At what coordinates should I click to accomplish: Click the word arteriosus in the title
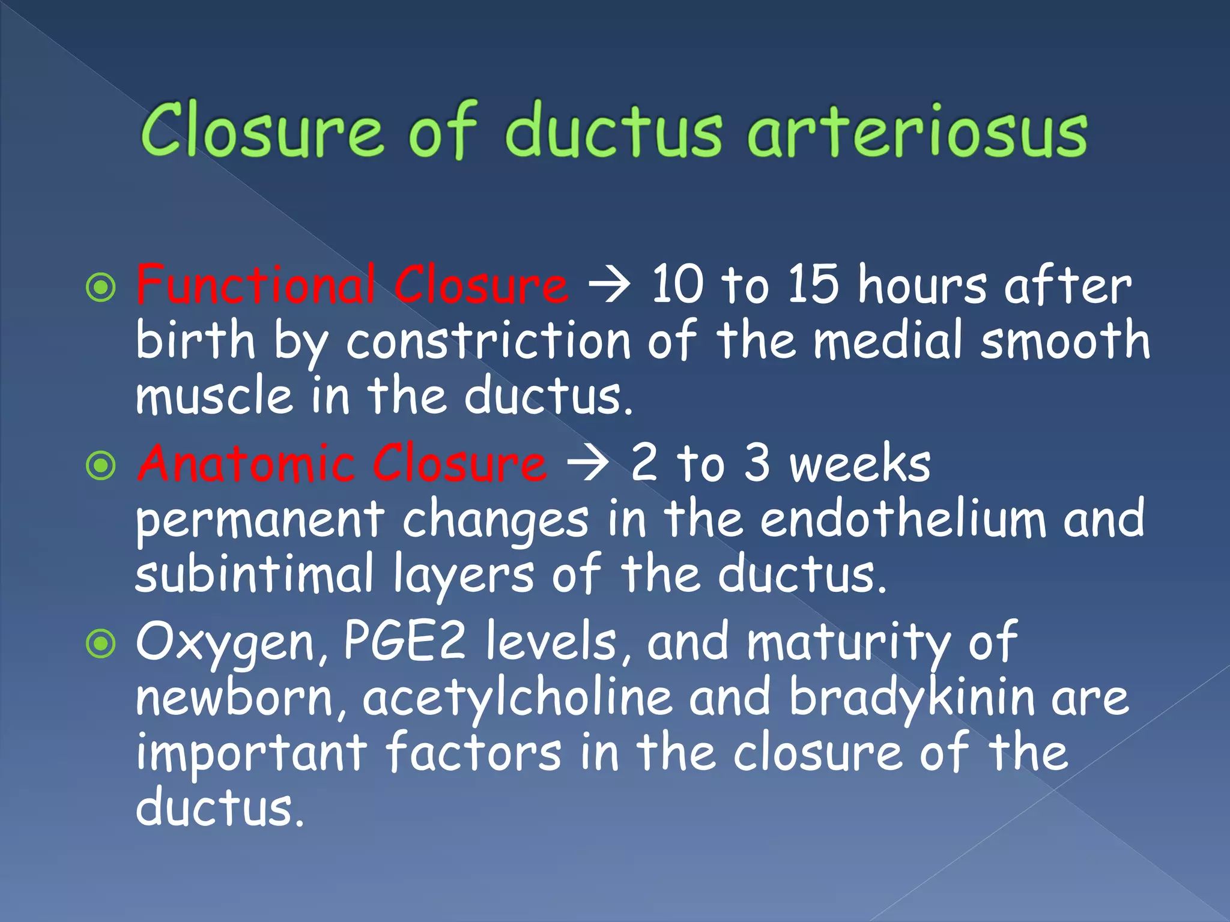[x=917, y=132]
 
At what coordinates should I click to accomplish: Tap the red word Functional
[x=256, y=285]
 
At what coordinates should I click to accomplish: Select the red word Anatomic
[x=246, y=463]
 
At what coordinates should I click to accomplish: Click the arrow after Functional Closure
[x=610, y=286]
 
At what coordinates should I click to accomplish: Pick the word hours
[x=922, y=285]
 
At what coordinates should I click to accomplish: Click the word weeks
[x=859, y=463]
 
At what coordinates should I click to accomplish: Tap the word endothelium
[x=903, y=519]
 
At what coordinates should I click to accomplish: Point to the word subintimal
[x=255, y=574]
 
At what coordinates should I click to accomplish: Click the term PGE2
[x=404, y=641]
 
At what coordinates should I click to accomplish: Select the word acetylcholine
[x=517, y=698]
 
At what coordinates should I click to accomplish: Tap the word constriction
[x=488, y=341]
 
